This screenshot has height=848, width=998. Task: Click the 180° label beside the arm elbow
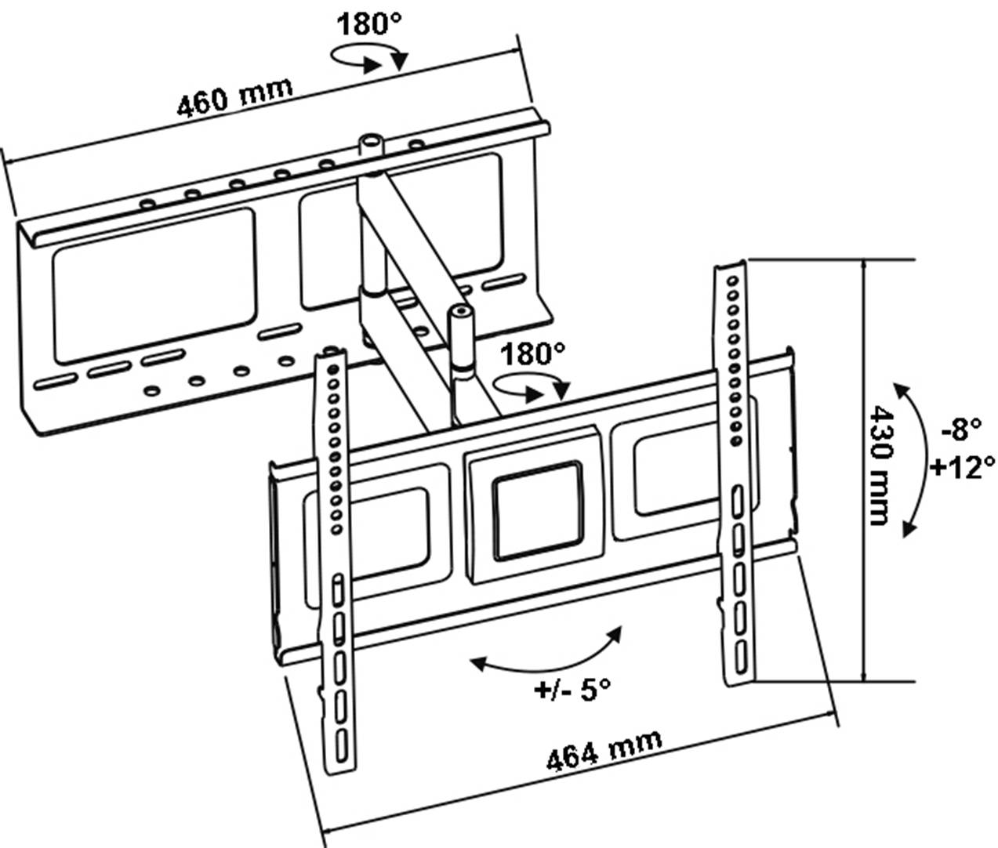click(x=532, y=354)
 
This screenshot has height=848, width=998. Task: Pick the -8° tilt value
click(x=961, y=429)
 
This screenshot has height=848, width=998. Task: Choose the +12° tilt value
click(x=962, y=468)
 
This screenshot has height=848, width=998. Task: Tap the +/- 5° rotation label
click(x=572, y=690)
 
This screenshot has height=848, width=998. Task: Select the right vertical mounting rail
click(x=735, y=470)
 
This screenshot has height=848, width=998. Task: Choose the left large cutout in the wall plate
click(x=154, y=284)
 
